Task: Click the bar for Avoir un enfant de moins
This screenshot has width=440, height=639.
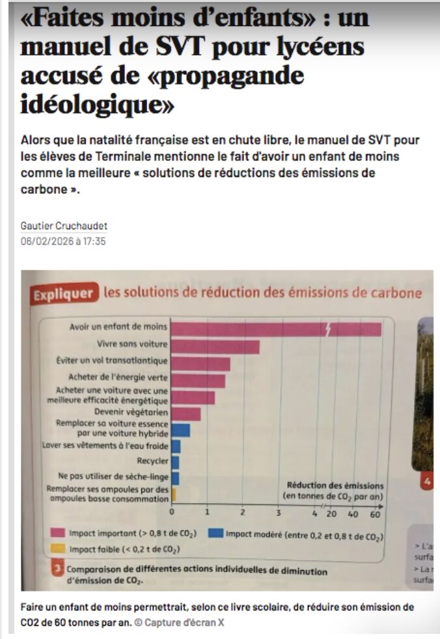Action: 273,329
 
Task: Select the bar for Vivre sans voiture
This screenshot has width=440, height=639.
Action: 215,347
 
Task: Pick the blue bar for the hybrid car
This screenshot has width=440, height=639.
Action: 180,430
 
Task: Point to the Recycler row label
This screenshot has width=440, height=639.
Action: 152,461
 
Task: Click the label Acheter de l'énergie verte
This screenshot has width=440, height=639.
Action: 118,377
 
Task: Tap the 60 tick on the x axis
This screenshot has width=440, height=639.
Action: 375,514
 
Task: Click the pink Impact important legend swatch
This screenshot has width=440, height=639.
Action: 57,534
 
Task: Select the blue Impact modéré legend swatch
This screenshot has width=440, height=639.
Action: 215,534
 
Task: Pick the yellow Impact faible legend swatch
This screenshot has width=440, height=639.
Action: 57,549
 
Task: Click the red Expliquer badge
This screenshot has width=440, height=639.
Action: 64,294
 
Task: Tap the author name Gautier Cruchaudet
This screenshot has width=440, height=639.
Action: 64,226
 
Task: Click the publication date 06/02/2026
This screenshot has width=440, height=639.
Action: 45,241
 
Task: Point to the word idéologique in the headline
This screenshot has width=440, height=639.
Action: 97,104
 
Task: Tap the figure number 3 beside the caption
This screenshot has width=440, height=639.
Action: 58,569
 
